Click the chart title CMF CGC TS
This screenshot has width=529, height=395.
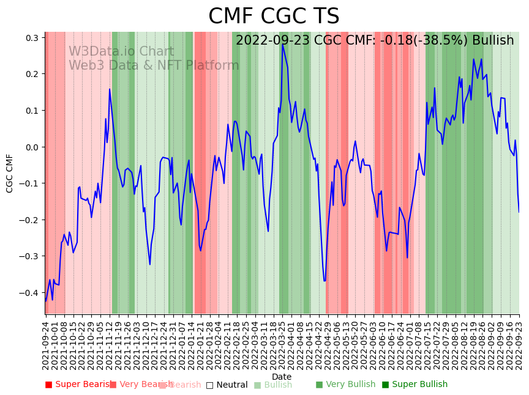[274, 17]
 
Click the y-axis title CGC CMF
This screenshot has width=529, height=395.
[10, 173]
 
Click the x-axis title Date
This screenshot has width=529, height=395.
[282, 377]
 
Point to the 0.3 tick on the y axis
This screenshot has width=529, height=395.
[32, 38]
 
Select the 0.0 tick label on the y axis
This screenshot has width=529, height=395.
[32, 147]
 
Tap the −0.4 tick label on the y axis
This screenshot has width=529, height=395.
[30, 293]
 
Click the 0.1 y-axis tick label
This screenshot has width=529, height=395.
[32, 111]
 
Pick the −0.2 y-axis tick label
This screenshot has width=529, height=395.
[30, 220]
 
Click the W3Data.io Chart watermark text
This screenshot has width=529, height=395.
[121, 51]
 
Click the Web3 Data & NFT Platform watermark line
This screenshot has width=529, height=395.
[154, 65]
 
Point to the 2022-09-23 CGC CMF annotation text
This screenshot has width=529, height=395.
[375, 40]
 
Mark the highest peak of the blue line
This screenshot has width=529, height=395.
[282, 44]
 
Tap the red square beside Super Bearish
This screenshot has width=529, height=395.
[49, 385]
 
